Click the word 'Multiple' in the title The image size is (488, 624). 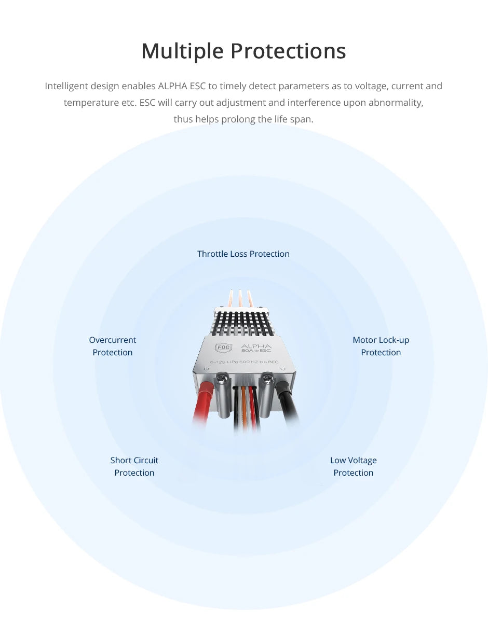point(182,51)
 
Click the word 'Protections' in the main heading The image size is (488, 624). point(288,51)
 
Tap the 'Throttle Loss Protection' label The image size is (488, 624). point(243,254)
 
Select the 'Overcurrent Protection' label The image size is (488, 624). point(113,346)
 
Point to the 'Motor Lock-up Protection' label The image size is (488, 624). point(381,346)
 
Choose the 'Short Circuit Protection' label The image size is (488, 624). point(134,466)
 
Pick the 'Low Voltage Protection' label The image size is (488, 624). point(354,466)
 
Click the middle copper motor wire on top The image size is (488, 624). point(240,299)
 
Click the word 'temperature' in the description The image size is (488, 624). point(91,103)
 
